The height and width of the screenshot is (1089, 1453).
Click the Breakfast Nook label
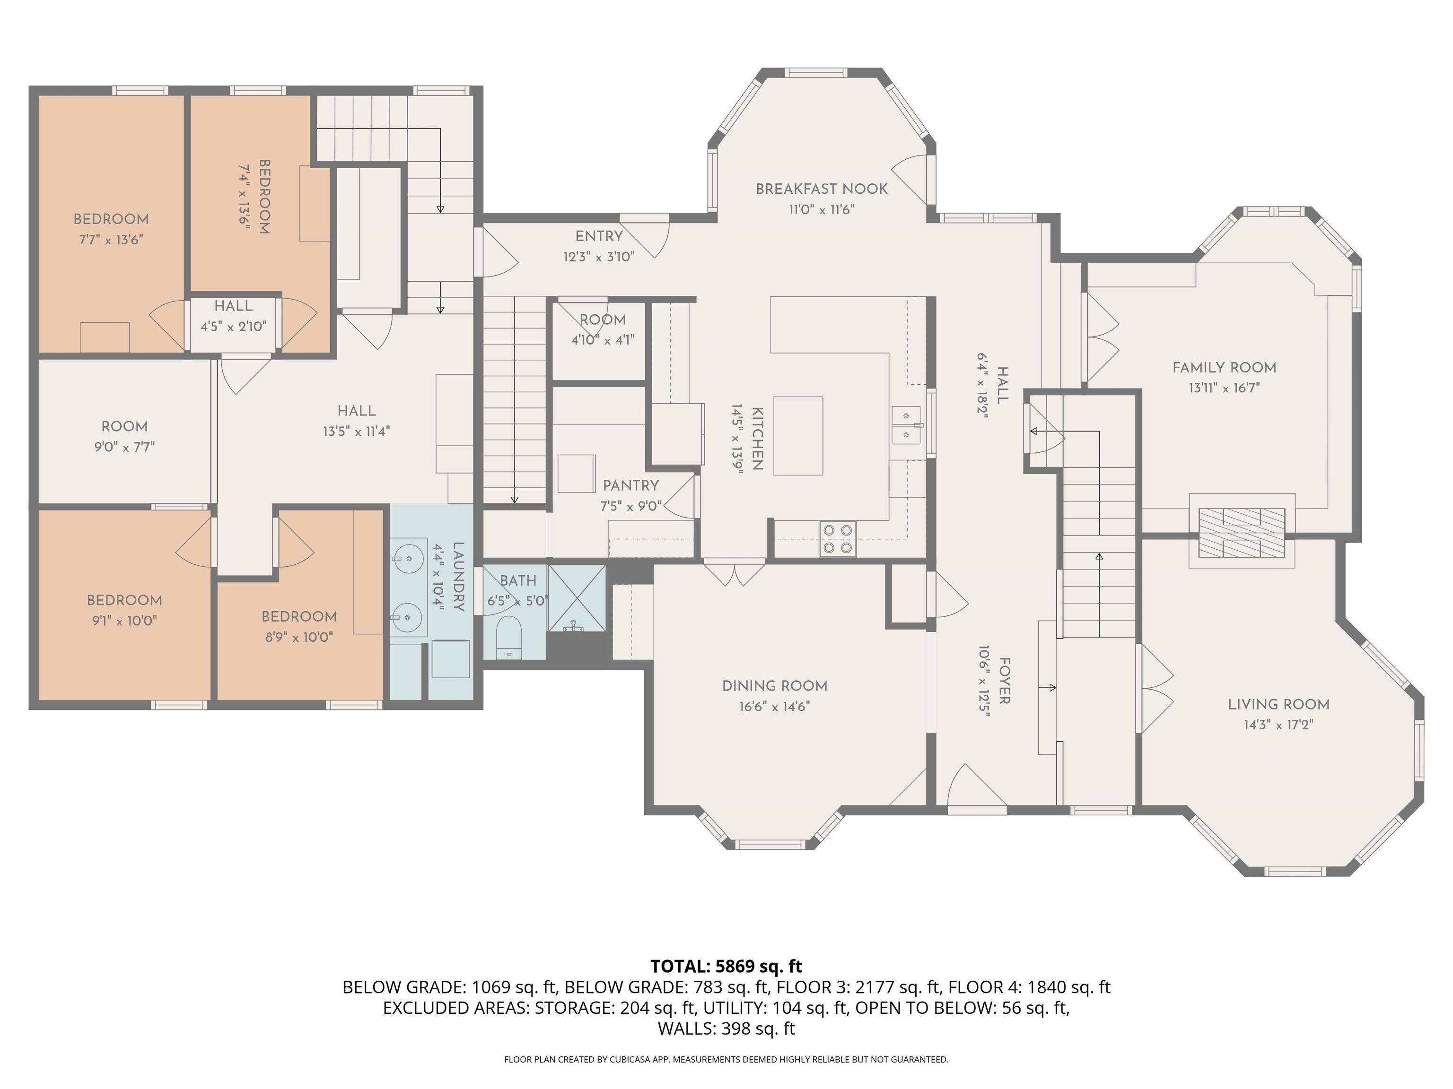pos(821,189)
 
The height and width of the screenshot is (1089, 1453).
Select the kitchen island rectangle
pos(798,435)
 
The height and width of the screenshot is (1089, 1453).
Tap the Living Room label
pos(1278,704)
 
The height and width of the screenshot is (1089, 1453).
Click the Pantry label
pos(630,486)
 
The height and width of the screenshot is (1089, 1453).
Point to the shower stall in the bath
pos(577,598)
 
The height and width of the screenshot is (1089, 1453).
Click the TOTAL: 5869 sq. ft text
pos(726,966)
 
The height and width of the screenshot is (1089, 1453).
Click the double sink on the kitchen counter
pos(907,425)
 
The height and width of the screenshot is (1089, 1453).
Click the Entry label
pos(599,236)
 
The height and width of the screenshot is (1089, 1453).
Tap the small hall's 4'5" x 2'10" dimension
pos(233,326)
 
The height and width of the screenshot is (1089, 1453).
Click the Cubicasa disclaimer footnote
pos(726,1060)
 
